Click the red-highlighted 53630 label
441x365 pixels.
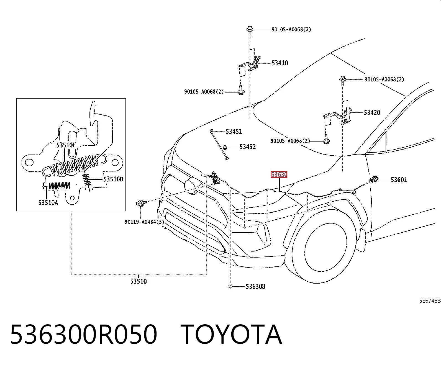click(x=279, y=175)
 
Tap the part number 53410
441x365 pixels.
click(x=280, y=63)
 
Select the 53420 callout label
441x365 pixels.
click(x=372, y=113)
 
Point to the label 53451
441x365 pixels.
click(x=234, y=132)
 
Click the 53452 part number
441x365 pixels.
click(x=248, y=147)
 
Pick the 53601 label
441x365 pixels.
click(x=399, y=180)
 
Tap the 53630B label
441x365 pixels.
click(x=256, y=286)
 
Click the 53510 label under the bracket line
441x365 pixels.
click(x=138, y=281)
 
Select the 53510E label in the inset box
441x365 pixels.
click(x=66, y=145)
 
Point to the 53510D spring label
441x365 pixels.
click(x=113, y=179)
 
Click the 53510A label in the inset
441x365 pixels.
click(x=48, y=203)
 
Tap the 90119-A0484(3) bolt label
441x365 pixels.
click(x=144, y=222)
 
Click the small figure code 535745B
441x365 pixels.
click(x=430, y=301)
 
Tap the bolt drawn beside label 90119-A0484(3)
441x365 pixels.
click(x=141, y=204)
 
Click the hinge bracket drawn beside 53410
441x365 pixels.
click(x=250, y=63)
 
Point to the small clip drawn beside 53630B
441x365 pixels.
click(x=230, y=286)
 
